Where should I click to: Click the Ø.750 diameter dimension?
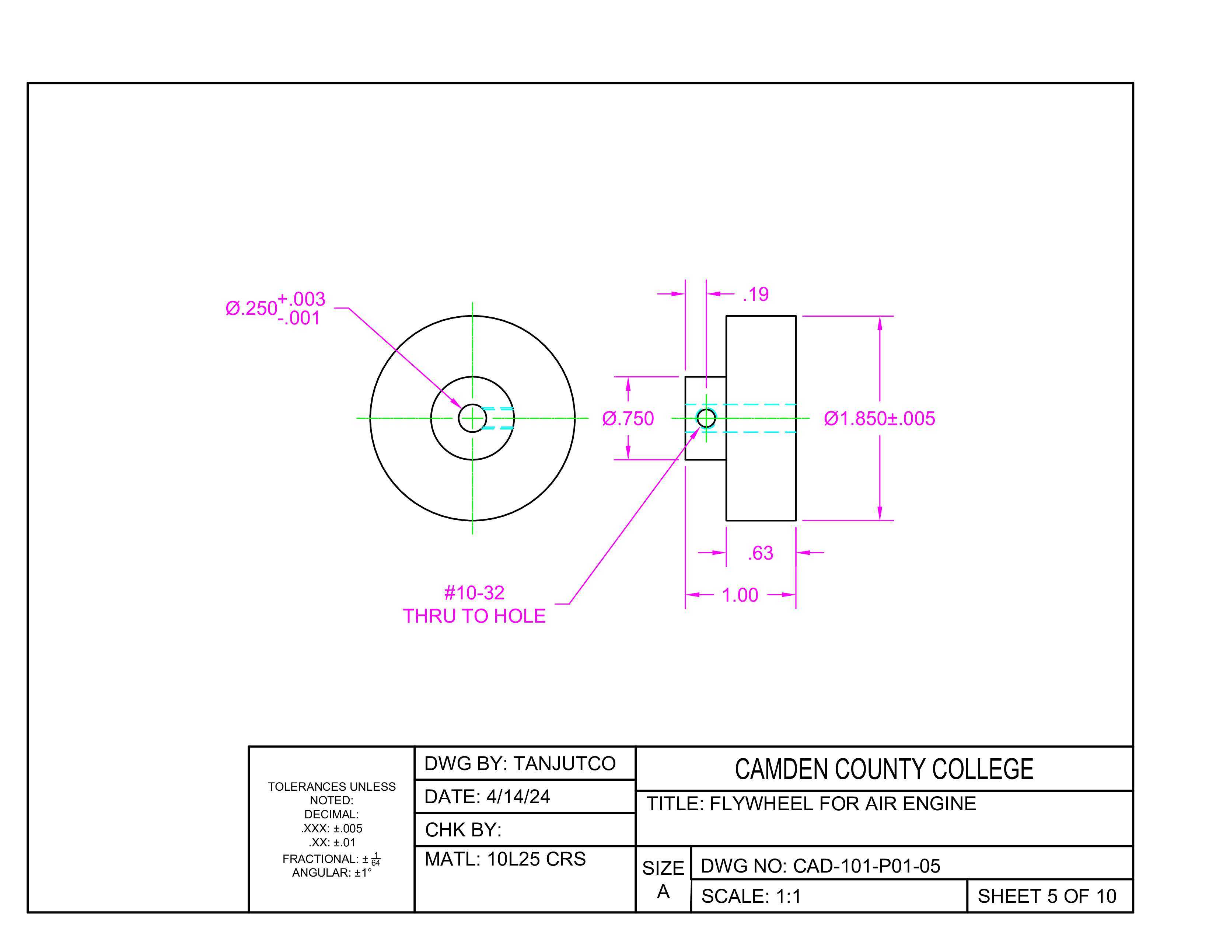(628, 418)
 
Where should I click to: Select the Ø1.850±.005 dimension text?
(879, 418)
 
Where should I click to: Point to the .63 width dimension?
(761, 553)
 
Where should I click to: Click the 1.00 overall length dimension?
(740, 595)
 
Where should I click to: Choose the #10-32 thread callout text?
(474, 592)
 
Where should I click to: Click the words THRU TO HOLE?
(474, 616)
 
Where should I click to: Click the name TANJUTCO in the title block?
(564, 763)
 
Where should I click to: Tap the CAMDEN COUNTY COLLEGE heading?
(884, 769)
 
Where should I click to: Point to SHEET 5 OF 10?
(1047, 896)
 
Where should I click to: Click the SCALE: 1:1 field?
(751, 896)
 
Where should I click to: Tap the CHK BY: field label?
(463, 830)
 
